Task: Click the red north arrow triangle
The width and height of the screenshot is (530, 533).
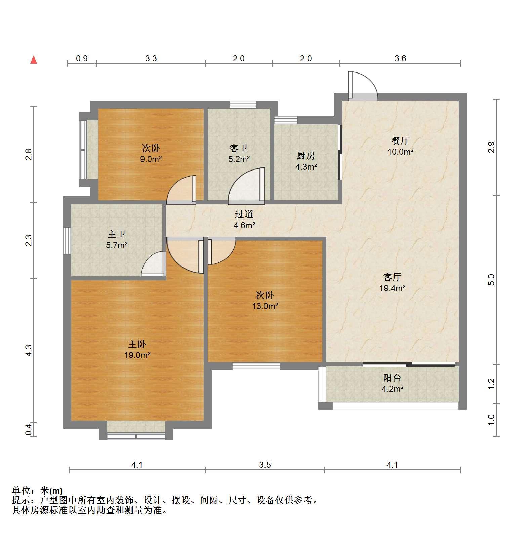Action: (34, 60)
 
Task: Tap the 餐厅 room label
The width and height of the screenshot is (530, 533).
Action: (400, 141)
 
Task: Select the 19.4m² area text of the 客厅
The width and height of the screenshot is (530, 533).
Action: (392, 288)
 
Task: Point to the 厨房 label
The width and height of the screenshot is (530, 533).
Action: (306, 156)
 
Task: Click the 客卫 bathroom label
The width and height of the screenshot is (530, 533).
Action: (239, 148)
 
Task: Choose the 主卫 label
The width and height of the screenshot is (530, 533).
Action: (117, 234)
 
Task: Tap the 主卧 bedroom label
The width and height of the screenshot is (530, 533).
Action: (137, 344)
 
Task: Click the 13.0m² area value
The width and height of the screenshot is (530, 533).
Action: (265, 306)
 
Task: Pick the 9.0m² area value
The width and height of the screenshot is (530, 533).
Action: (151, 159)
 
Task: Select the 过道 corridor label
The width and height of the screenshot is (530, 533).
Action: (244, 214)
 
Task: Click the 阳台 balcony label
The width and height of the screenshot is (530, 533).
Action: (392, 378)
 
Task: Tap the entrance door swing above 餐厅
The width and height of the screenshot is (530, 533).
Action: (363, 86)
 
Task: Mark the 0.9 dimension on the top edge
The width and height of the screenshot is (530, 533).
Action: (82, 59)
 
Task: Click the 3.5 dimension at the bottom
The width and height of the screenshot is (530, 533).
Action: (265, 465)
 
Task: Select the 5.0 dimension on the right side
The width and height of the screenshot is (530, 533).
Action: (491, 280)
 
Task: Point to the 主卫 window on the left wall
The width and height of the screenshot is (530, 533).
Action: (67, 241)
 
